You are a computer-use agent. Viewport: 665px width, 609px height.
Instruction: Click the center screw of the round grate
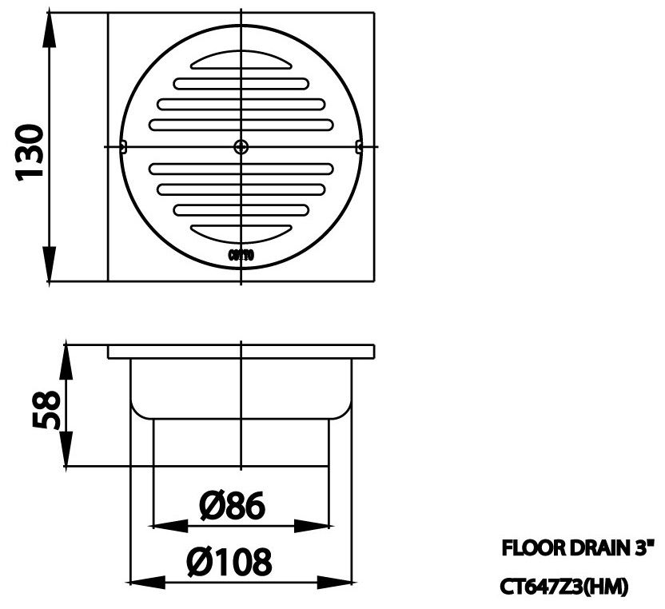pos(241,146)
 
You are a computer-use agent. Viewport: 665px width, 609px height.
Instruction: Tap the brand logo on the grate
pos(241,256)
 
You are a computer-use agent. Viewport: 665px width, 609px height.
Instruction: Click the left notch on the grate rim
pos(123,146)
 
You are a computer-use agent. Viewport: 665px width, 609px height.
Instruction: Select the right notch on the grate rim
pos(359,146)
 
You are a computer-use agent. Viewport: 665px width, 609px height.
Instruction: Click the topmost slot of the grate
pos(241,62)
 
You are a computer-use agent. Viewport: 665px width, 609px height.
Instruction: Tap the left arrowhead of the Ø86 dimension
pos(168,525)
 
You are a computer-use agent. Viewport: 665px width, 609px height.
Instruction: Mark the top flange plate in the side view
pos(241,351)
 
